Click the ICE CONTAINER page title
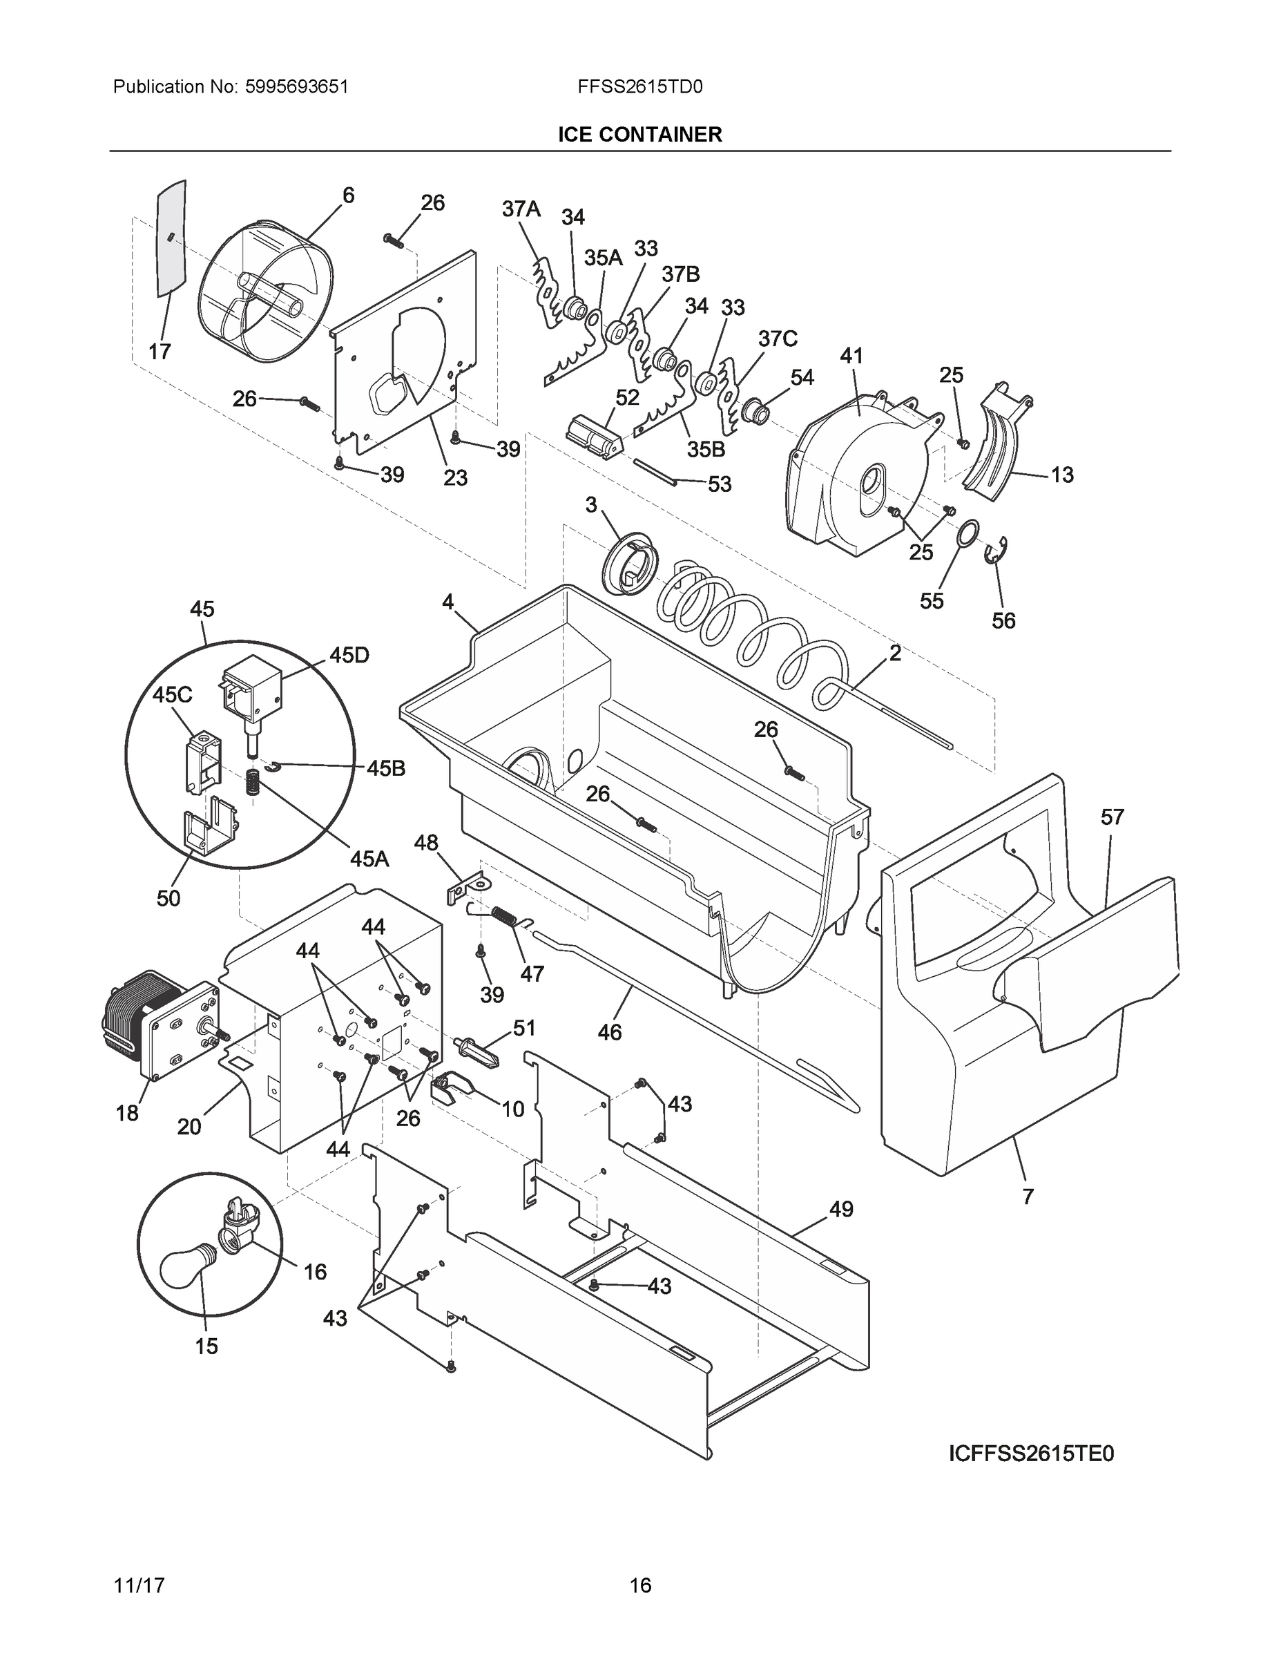[639, 135]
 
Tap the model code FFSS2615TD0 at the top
[639, 86]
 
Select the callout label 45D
[349, 655]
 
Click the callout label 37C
[777, 339]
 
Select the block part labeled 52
[594, 438]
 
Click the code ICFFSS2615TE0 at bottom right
[1031, 1453]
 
